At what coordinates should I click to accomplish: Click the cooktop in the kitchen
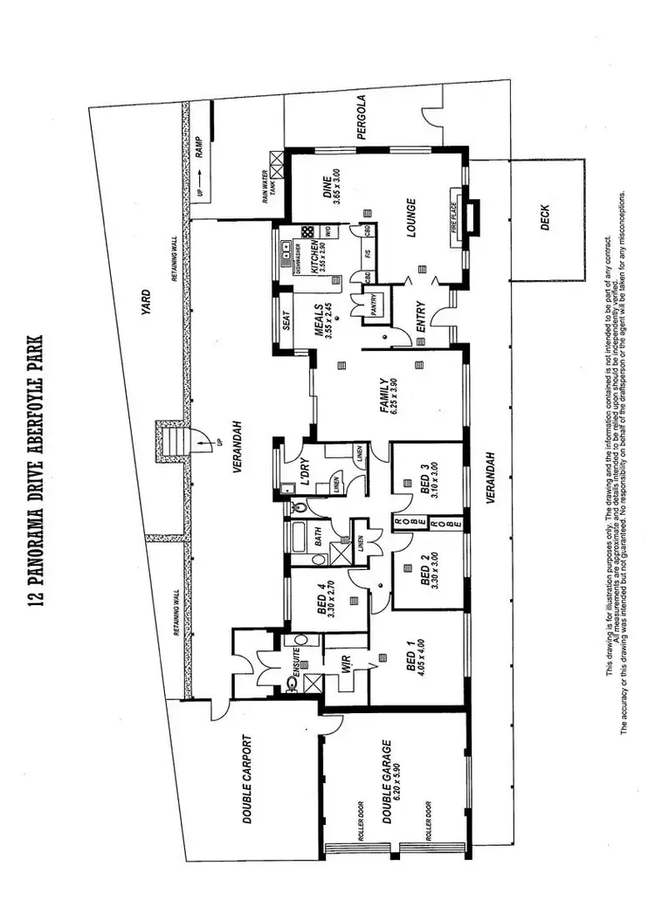[307, 232]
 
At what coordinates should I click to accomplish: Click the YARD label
[147, 300]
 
